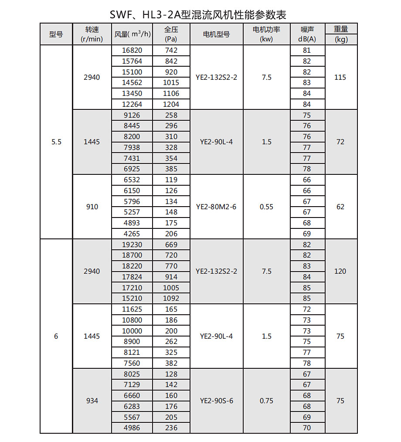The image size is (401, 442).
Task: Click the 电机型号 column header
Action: [x=216, y=34]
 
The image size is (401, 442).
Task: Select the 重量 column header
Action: [x=341, y=29]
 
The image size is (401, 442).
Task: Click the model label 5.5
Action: [x=56, y=142]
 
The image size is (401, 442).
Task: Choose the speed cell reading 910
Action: [x=92, y=207]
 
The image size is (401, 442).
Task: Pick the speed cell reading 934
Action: [x=92, y=401]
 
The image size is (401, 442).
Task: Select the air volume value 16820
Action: [x=132, y=51]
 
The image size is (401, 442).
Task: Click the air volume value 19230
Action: [x=132, y=245]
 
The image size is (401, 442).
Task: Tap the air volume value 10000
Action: [x=132, y=331]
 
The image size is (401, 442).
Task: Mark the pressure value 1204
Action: [x=171, y=104]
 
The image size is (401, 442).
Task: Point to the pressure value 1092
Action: [x=171, y=299]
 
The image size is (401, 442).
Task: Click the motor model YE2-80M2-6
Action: [x=216, y=207]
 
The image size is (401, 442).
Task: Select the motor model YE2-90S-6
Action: [x=216, y=401]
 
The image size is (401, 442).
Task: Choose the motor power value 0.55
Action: [x=266, y=207]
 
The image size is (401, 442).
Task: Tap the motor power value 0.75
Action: [x=266, y=401]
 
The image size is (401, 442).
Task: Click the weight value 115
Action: [x=340, y=77]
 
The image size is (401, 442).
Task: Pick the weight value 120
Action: [x=340, y=271]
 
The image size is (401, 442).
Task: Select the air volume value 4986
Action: [x=132, y=428]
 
